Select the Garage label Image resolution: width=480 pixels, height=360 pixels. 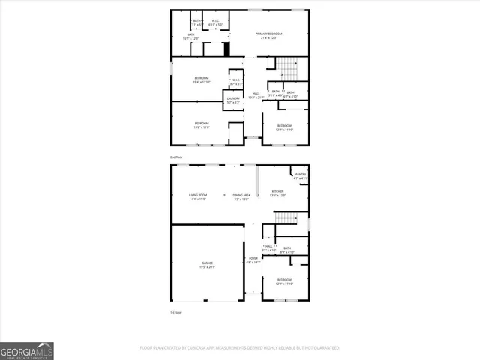coord(206,264)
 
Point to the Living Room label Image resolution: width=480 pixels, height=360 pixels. coord(197,196)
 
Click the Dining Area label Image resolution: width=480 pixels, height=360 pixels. coord(241,196)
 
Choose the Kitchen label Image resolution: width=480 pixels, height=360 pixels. coord(277,193)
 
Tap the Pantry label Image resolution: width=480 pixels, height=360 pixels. coord(300,176)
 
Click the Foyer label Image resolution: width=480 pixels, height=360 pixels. coord(253,261)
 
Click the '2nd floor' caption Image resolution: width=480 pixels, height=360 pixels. coord(176,157)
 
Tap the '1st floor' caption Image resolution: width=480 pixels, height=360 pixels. coord(176,312)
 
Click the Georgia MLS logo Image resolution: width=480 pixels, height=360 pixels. coord(26,350)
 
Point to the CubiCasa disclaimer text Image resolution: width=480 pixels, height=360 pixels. coord(239,348)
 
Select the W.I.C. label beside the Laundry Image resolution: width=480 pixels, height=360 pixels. coord(235,81)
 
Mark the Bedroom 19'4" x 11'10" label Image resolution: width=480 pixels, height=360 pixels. coord(202,80)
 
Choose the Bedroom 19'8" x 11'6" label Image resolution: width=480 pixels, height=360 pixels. coord(202,124)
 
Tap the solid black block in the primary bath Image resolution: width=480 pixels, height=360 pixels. coord(226,50)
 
